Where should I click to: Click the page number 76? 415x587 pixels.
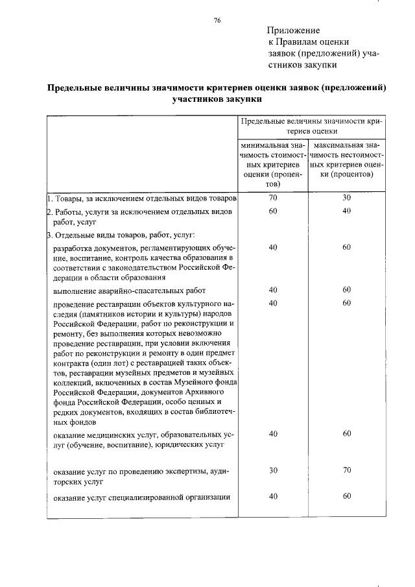[x=217, y=21]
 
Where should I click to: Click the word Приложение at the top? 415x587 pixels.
[x=293, y=30]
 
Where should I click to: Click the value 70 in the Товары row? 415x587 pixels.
[x=273, y=197]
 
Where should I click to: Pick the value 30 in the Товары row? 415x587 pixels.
[x=346, y=197]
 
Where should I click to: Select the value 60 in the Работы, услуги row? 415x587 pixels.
[x=273, y=211]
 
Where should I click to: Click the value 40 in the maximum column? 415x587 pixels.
[x=346, y=211]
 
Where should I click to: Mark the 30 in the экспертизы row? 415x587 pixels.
[x=273, y=470]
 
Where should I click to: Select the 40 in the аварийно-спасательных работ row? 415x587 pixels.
[x=273, y=290]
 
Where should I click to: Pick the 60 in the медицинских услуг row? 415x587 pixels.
[x=347, y=433]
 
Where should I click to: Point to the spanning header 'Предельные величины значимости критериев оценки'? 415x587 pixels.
[x=311, y=125]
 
